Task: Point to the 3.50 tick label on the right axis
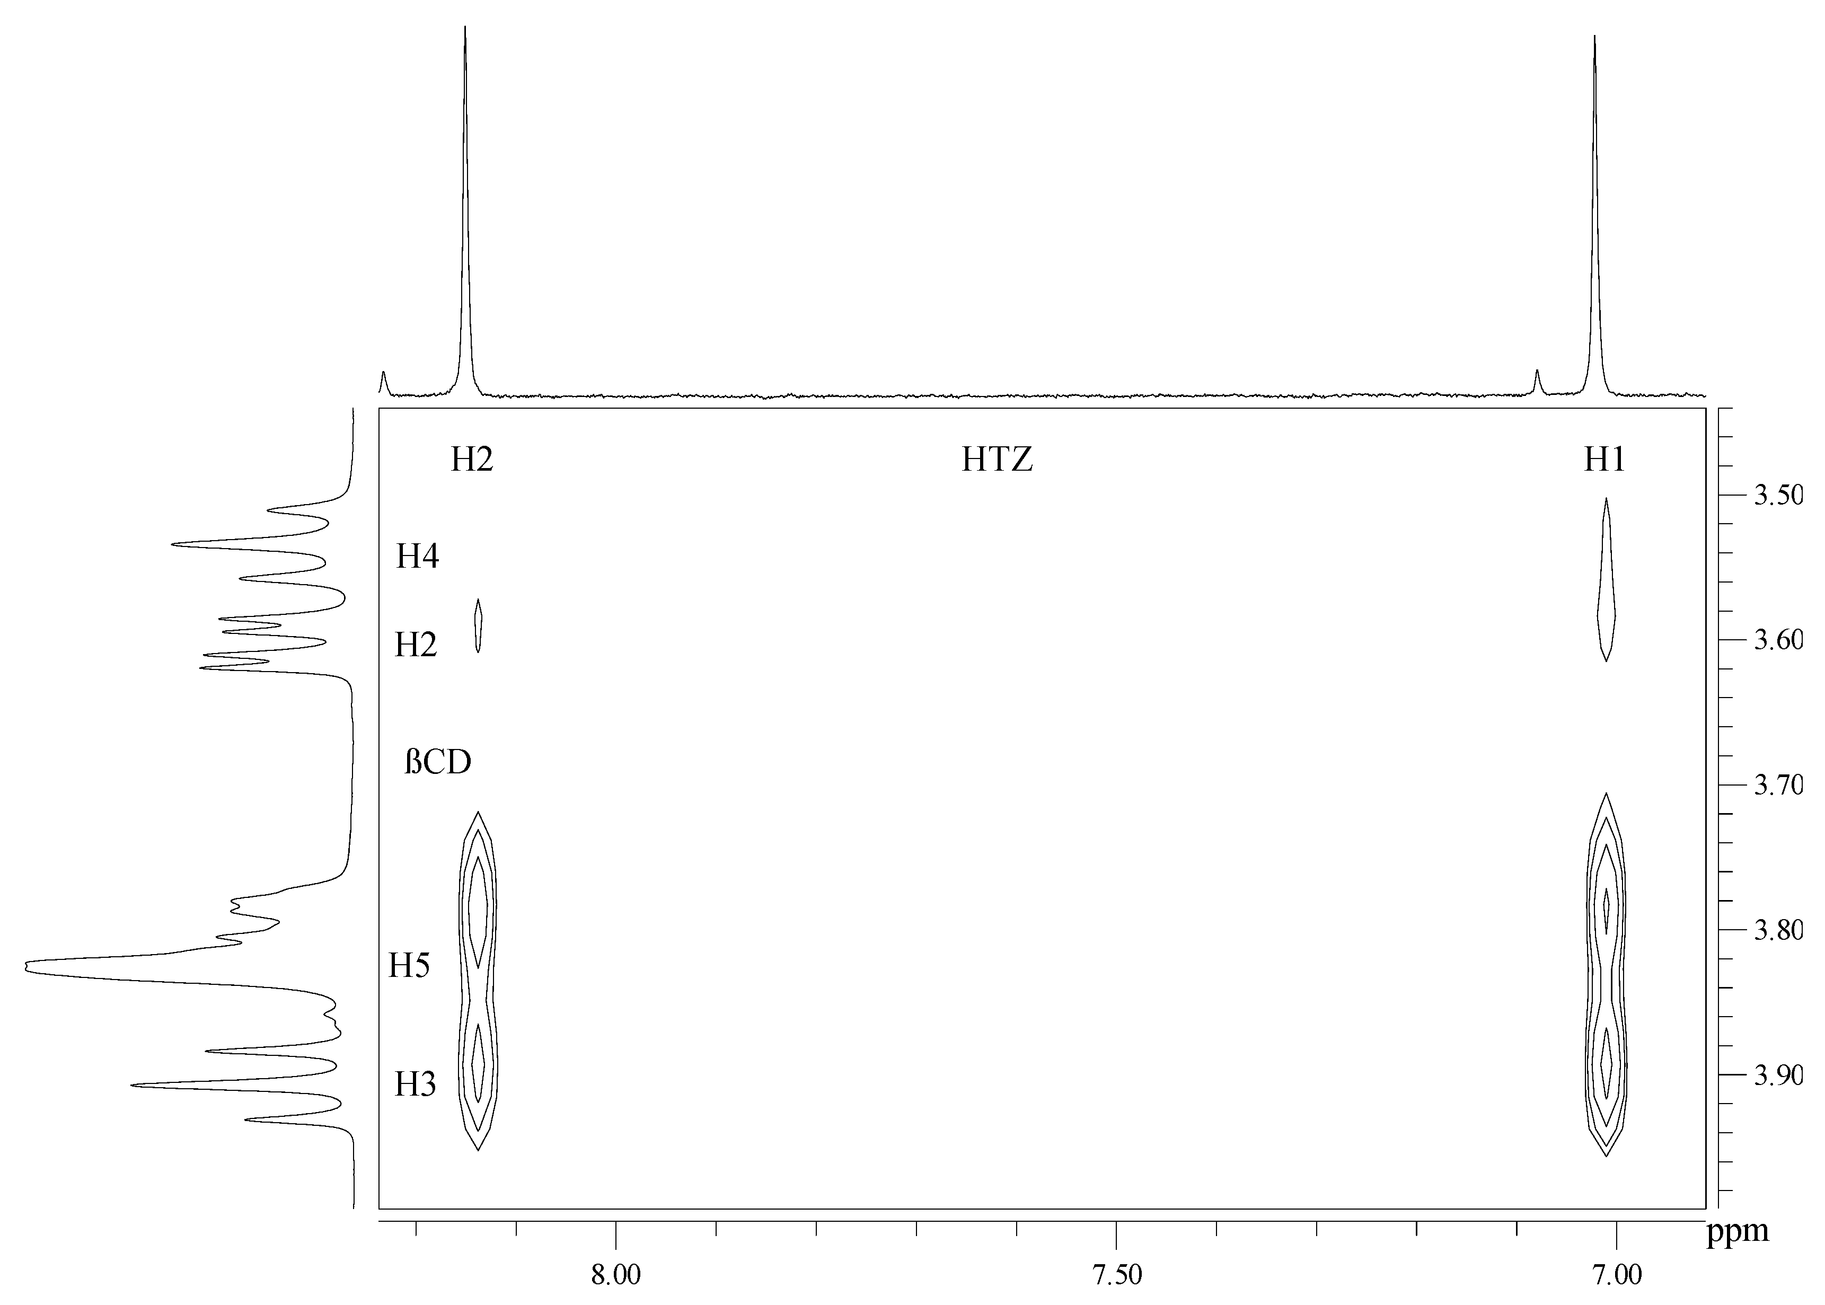pyautogui.click(x=1778, y=495)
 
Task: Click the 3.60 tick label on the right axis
pyautogui.click(x=1778, y=640)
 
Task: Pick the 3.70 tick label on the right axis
pyautogui.click(x=1778, y=784)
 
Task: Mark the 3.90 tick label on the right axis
pyautogui.click(x=1778, y=1074)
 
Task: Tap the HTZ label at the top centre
pyautogui.click(x=997, y=460)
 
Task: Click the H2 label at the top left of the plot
pyautogui.click(x=472, y=460)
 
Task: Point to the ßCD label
pyautogui.click(x=437, y=762)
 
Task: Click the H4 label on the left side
pyautogui.click(x=417, y=556)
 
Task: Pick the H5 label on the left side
pyautogui.click(x=409, y=965)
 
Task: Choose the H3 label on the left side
pyautogui.click(x=415, y=1085)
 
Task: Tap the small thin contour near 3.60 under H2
pyautogui.click(x=478, y=625)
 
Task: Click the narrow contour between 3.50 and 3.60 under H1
pyautogui.click(x=1606, y=579)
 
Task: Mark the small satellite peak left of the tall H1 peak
pyautogui.click(x=1537, y=382)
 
